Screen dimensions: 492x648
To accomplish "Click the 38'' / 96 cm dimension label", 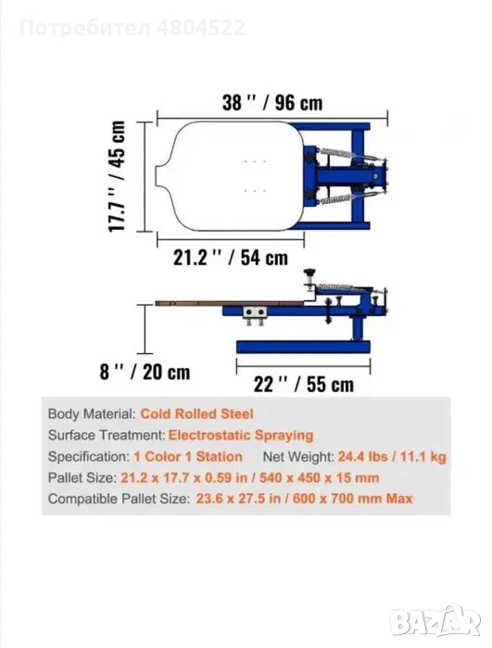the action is (x=272, y=103).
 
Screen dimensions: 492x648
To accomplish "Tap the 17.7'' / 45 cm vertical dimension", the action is (x=117, y=176).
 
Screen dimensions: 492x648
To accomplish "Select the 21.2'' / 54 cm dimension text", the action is (x=231, y=258).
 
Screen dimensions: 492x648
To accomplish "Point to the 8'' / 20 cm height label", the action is (x=145, y=372).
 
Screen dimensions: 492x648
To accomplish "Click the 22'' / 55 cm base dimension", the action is (x=304, y=385).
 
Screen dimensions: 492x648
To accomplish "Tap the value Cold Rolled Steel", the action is (x=196, y=413).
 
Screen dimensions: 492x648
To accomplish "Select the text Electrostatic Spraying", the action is (x=241, y=435).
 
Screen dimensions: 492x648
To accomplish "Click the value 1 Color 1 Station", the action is (x=188, y=457).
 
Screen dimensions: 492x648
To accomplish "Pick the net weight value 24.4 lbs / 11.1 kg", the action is (x=392, y=457).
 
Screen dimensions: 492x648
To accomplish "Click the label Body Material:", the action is (x=92, y=413).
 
